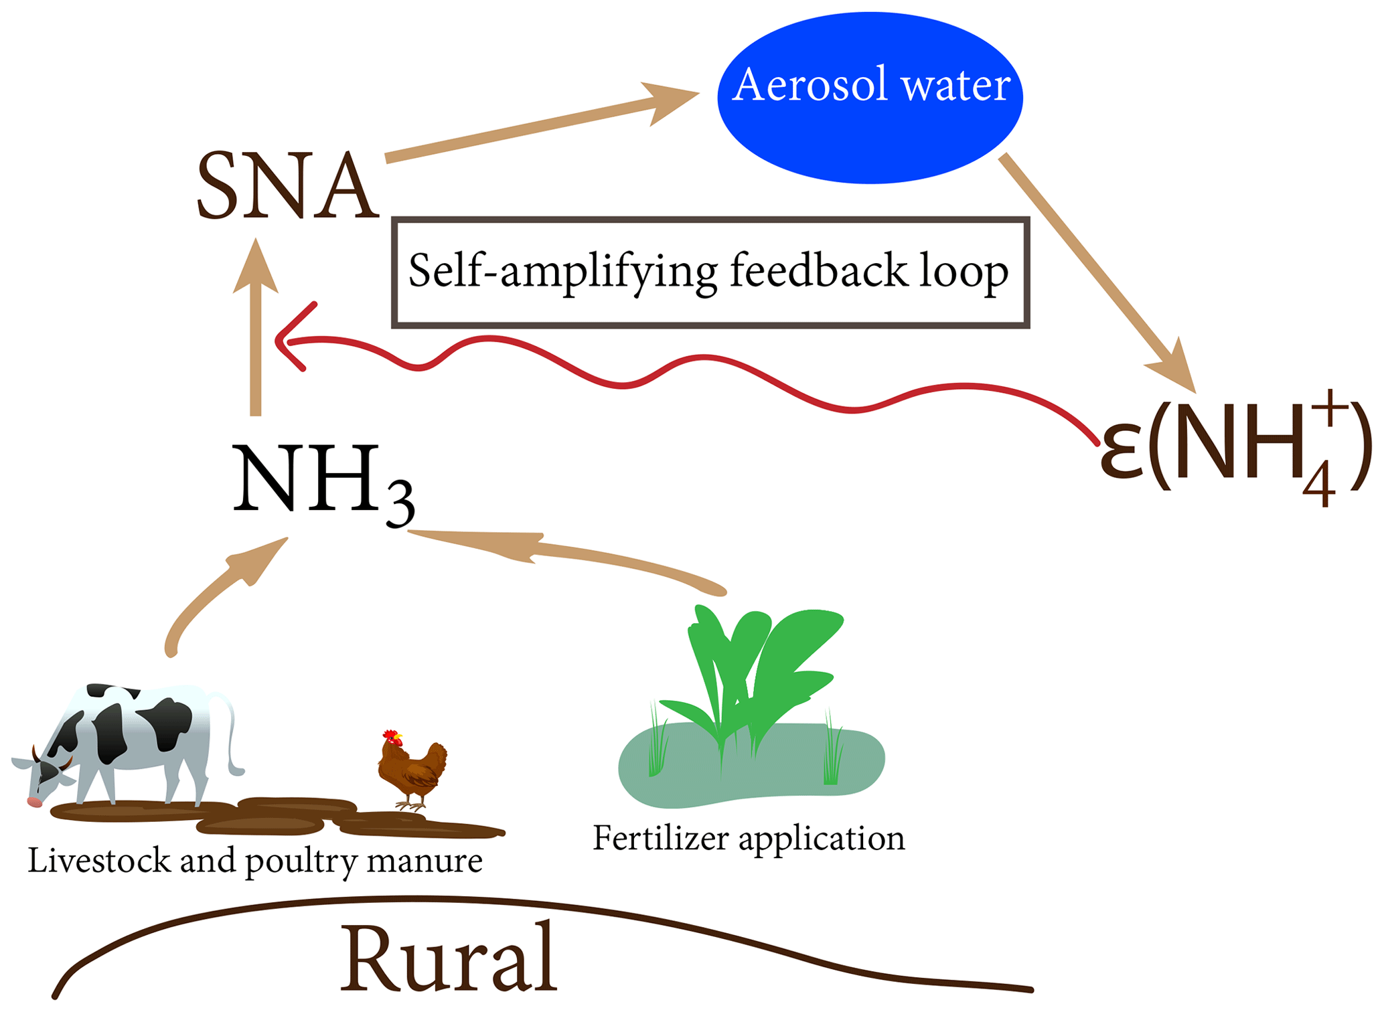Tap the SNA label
click(288, 186)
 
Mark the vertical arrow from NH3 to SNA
click(255, 335)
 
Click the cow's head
click(44, 776)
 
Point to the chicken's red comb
click(390, 734)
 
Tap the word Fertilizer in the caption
click(660, 838)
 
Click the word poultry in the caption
click(301, 861)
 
